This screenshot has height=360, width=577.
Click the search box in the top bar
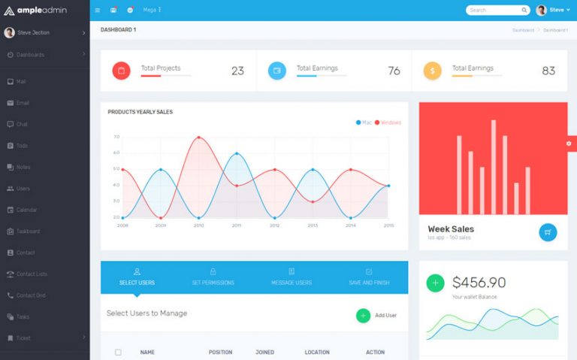[495, 11]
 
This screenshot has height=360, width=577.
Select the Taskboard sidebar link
[28, 231]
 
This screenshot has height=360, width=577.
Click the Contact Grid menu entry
[31, 295]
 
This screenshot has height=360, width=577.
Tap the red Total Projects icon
[121, 71]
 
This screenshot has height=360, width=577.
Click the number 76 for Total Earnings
[394, 71]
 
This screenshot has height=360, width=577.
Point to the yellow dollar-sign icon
[432, 71]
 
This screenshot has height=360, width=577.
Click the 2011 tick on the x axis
[237, 225]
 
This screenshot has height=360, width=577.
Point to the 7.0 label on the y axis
[116, 137]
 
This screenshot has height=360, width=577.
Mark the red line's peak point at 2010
[198, 138]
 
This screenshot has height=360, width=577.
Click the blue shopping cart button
[548, 232]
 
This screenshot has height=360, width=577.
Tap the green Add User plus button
[363, 316]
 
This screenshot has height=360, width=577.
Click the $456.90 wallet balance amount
[479, 283]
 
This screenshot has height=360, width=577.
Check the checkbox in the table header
[118, 352]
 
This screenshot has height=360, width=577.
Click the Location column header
[317, 352]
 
